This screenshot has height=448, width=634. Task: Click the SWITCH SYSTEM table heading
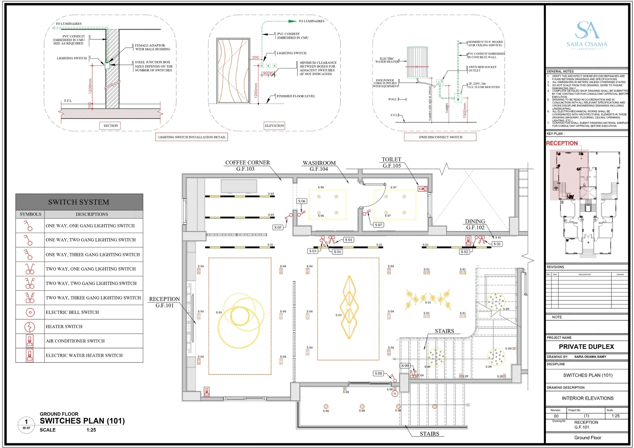point(79,202)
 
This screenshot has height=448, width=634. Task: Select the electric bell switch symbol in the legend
point(30,312)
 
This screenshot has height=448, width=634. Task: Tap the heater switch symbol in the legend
point(30,327)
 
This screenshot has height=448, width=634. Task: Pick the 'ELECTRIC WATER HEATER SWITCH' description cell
point(84,355)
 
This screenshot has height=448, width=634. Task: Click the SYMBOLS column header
point(30,214)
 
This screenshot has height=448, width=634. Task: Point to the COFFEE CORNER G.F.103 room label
point(247,166)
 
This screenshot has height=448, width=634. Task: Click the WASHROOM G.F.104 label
point(319,166)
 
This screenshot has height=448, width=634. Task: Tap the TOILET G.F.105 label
point(391,163)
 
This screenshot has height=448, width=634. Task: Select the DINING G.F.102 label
point(475,224)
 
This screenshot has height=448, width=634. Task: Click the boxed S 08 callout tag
point(378,374)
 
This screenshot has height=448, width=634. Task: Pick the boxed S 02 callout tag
point(464,252)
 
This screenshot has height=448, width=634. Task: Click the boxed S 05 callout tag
point(278,227)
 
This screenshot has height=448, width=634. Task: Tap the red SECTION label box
point(110,126)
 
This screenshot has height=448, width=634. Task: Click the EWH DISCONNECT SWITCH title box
point(440,137)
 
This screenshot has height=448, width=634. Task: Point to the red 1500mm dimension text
point(465,110)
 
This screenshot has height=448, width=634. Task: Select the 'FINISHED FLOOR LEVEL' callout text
point(296,96)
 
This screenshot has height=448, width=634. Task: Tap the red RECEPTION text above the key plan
point(562,143)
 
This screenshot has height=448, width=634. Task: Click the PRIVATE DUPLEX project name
point(586,347)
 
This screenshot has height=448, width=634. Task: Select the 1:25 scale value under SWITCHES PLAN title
point(91,430)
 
